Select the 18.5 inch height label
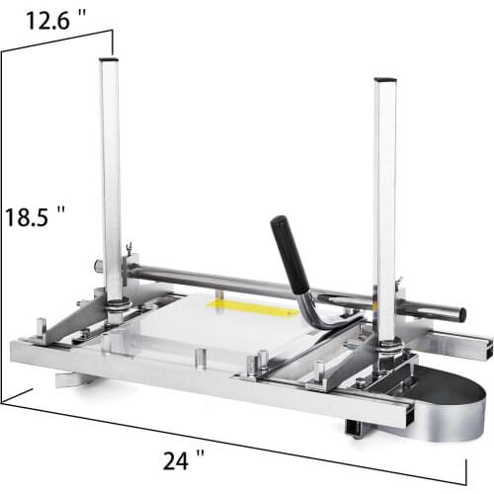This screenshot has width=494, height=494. pos(35,215)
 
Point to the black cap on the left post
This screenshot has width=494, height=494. pos(110,59)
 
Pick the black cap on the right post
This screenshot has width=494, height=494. pos(384,79)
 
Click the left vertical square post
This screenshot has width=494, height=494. pos(112,178)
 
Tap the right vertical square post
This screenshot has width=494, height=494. pos(384,198)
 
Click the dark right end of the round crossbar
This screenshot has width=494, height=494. pos(456,315)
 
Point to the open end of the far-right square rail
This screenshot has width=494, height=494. pos(486,346)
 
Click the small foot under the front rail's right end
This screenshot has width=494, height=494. pos(353,428)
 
